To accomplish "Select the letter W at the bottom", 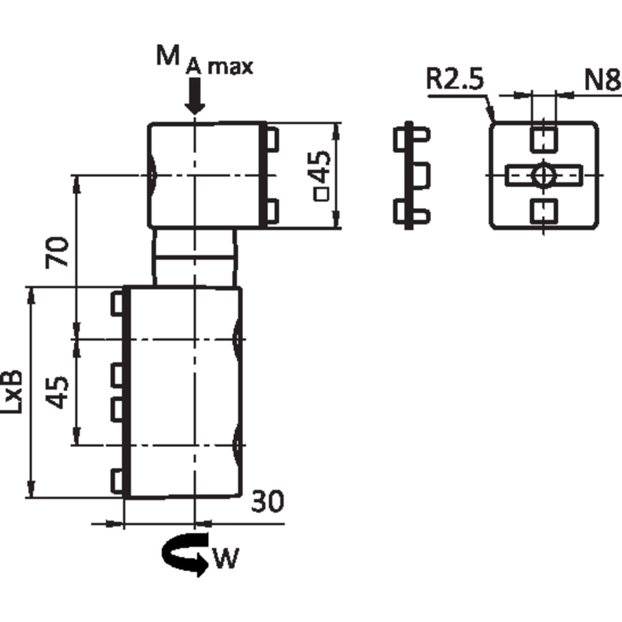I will (225, 558).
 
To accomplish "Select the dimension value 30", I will (268, 502).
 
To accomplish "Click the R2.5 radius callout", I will (455, 80).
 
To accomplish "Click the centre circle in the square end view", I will (543, 175).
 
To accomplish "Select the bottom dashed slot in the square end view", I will (544, 212).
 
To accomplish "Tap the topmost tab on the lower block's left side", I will (119, 303).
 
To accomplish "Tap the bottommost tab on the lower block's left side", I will (119, 480).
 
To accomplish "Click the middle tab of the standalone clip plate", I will (421, 175).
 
